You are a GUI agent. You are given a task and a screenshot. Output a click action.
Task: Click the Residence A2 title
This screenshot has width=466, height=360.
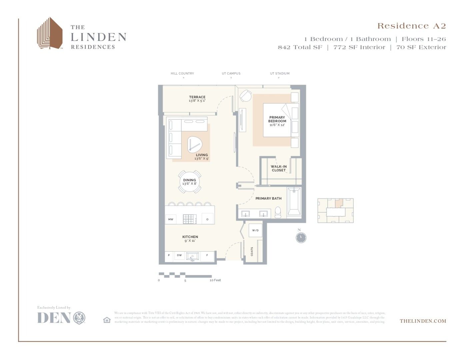click(x=411, y=26)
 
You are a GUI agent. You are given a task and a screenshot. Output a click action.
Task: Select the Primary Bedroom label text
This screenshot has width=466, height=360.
click(x=277, y=119)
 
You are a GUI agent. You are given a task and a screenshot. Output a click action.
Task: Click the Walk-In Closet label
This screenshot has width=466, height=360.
click(x=279, y=168)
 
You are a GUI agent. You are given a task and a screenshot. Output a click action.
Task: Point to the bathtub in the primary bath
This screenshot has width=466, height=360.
click(x=294, y=201)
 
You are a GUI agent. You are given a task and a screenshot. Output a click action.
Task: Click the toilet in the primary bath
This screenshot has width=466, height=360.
click(x=278, y=212)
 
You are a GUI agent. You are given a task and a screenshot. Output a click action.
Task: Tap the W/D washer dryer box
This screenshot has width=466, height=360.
click(x=255, y=230)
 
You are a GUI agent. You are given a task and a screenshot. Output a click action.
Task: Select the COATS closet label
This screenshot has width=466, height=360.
click(x=252, y=251)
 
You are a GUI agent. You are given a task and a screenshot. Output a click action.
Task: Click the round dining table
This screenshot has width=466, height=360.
click(x=189, y=182)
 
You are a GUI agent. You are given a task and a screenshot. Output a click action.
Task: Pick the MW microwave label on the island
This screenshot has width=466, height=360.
click(x=171, y=219)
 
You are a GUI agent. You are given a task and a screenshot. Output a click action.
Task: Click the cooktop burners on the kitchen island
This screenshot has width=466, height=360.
click(x=190, y=219)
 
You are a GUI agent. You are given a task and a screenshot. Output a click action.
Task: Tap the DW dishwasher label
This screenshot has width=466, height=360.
click(x=179, y=255)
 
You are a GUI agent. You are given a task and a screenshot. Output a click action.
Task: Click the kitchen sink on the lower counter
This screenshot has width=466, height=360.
click(x=192, y=256)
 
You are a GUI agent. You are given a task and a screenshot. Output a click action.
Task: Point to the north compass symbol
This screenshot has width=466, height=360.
click(x=301, y=237)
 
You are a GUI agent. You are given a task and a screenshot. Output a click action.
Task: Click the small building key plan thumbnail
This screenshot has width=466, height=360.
click(x=335, y=211)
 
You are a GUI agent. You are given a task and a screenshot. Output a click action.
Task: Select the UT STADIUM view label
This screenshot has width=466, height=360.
click(x=280, y=73)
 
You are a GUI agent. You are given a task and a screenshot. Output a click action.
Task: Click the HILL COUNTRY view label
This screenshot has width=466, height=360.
click(x=182, y=73)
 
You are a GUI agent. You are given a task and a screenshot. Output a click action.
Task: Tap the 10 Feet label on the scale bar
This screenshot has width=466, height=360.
click(x=215, y=280)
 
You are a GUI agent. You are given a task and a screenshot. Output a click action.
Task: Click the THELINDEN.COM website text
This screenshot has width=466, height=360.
click(x=423, y=321)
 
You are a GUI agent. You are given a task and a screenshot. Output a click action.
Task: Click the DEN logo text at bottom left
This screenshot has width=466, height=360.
click(x=54, y=318)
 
